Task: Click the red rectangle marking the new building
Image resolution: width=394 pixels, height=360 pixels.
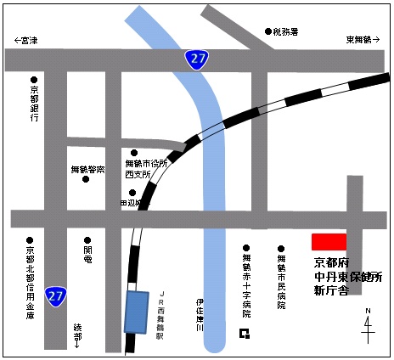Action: (x=329, y=241)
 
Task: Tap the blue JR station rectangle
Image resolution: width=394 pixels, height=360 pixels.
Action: (x=136, y=312)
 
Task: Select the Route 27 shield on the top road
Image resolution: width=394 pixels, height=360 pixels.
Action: (x=197, y=59)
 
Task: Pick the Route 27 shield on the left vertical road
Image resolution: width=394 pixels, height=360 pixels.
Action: (x=56, y=295)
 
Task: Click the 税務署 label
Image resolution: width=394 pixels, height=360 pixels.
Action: (x=286, y=31)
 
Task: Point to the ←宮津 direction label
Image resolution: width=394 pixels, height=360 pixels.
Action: (x=26, y=40)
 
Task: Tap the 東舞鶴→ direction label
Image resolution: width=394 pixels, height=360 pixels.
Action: (x=364, y=40)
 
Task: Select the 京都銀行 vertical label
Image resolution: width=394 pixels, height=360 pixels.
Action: (x=34, y=104)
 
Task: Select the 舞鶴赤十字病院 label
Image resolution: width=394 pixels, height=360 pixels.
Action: (x=246, y=279)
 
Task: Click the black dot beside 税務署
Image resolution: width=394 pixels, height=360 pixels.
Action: (x=267, y=31)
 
